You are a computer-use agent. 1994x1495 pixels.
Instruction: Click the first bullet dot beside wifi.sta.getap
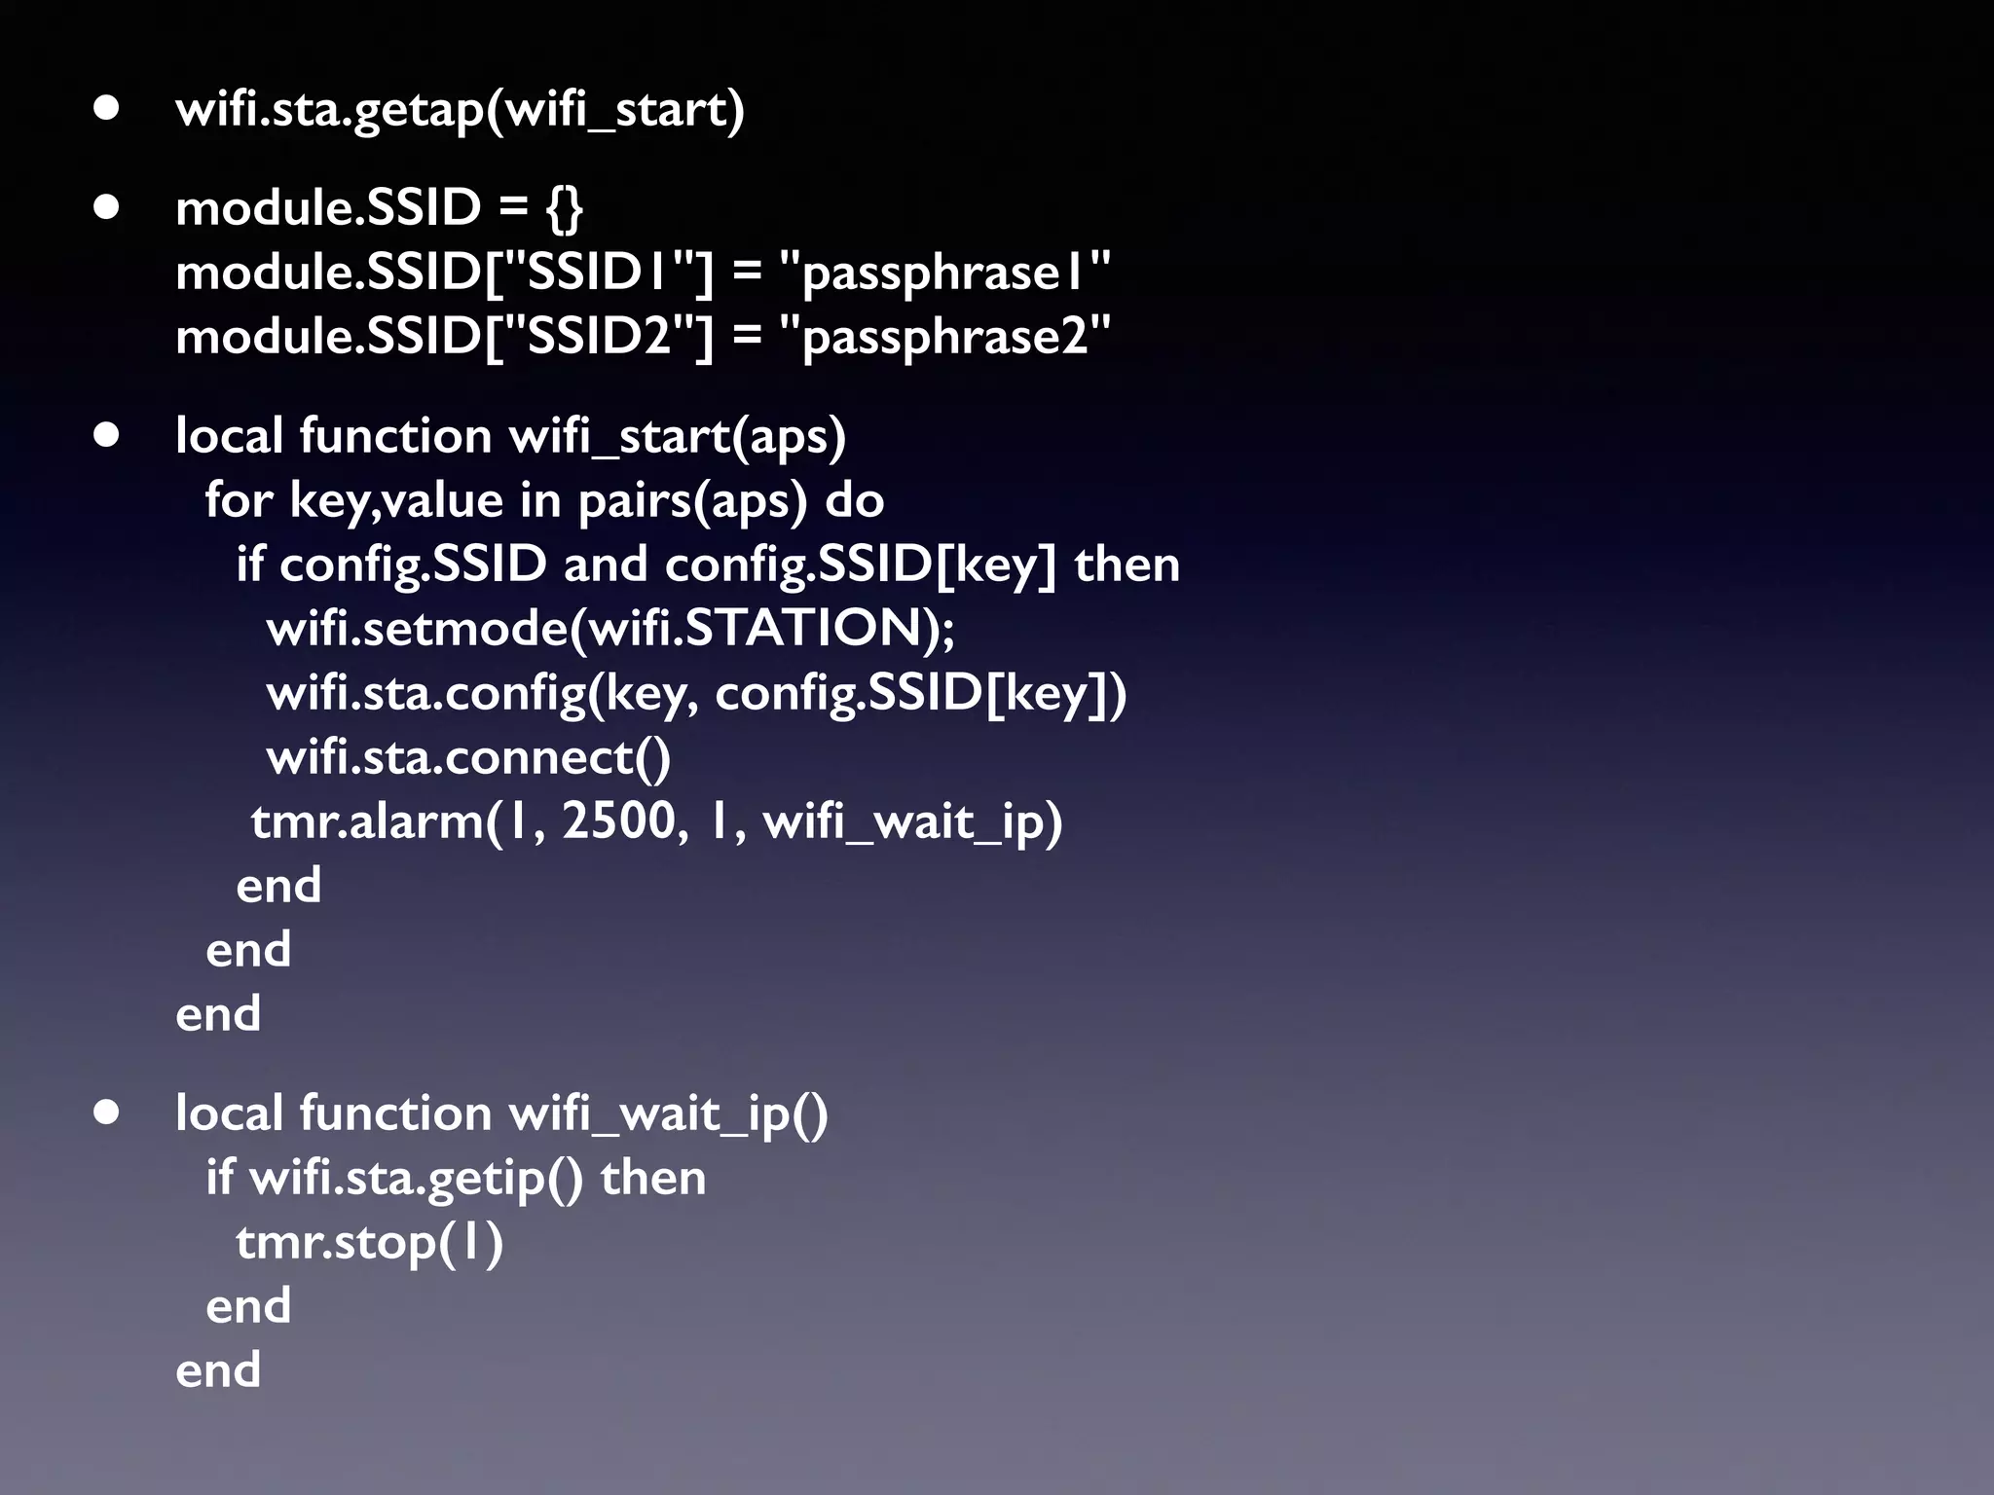pyautogui.click(x=106, y=108)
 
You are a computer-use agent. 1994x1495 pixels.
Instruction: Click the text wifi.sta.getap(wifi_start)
pyautogui.click(x=460, y=109)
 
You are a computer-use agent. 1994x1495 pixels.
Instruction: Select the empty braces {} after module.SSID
pyautogui.click(x=565, y=208)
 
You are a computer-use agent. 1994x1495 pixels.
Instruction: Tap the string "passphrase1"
pyautogui.click(x=945, y=273)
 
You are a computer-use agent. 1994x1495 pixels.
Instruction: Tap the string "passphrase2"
pyautogui.click(x=945, y=337)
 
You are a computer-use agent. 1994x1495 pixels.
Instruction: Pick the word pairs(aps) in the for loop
pyautogui.click(x=692, y=501)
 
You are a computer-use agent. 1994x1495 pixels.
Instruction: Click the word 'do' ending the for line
pyautogui.click(x=855, y=500)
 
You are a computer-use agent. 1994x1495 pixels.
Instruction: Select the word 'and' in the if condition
pyautogui.click(x=605, y=565)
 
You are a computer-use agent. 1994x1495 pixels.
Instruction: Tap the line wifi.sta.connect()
pyautogui.click(x=468, y=757)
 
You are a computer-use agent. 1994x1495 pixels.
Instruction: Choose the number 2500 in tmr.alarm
pyautogui.click(x=618, y=821)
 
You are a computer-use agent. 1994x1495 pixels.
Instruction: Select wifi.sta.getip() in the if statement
pyautogui.click(x=417, y=1179)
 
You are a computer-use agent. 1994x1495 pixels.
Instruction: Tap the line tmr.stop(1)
pyautogui.click(x=369, y=1243)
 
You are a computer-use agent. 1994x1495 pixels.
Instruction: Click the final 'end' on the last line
pyautogui.click(x=218, y=1370)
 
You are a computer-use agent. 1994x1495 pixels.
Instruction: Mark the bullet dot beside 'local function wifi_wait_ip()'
pyautogui.click(x=106, y=1112)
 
